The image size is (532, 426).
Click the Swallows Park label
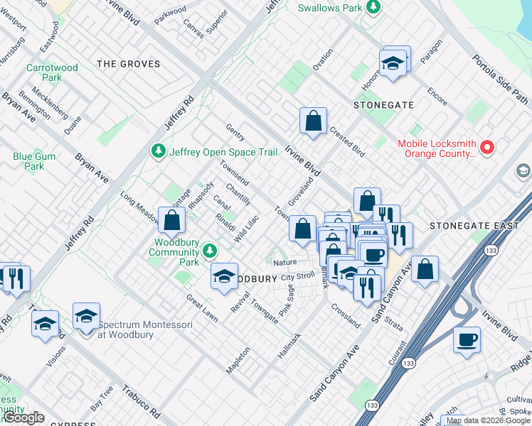(x=329, y=8)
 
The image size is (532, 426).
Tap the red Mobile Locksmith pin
(x=487, y=148)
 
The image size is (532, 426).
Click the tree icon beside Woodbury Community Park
(x=209, y=250)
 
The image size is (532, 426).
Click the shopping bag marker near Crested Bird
(x=313, y=121)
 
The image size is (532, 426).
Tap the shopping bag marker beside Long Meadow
(x=171, y=220)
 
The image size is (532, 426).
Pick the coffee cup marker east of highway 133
(x=467, y=339)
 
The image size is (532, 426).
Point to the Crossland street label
(x=346, y=315)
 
